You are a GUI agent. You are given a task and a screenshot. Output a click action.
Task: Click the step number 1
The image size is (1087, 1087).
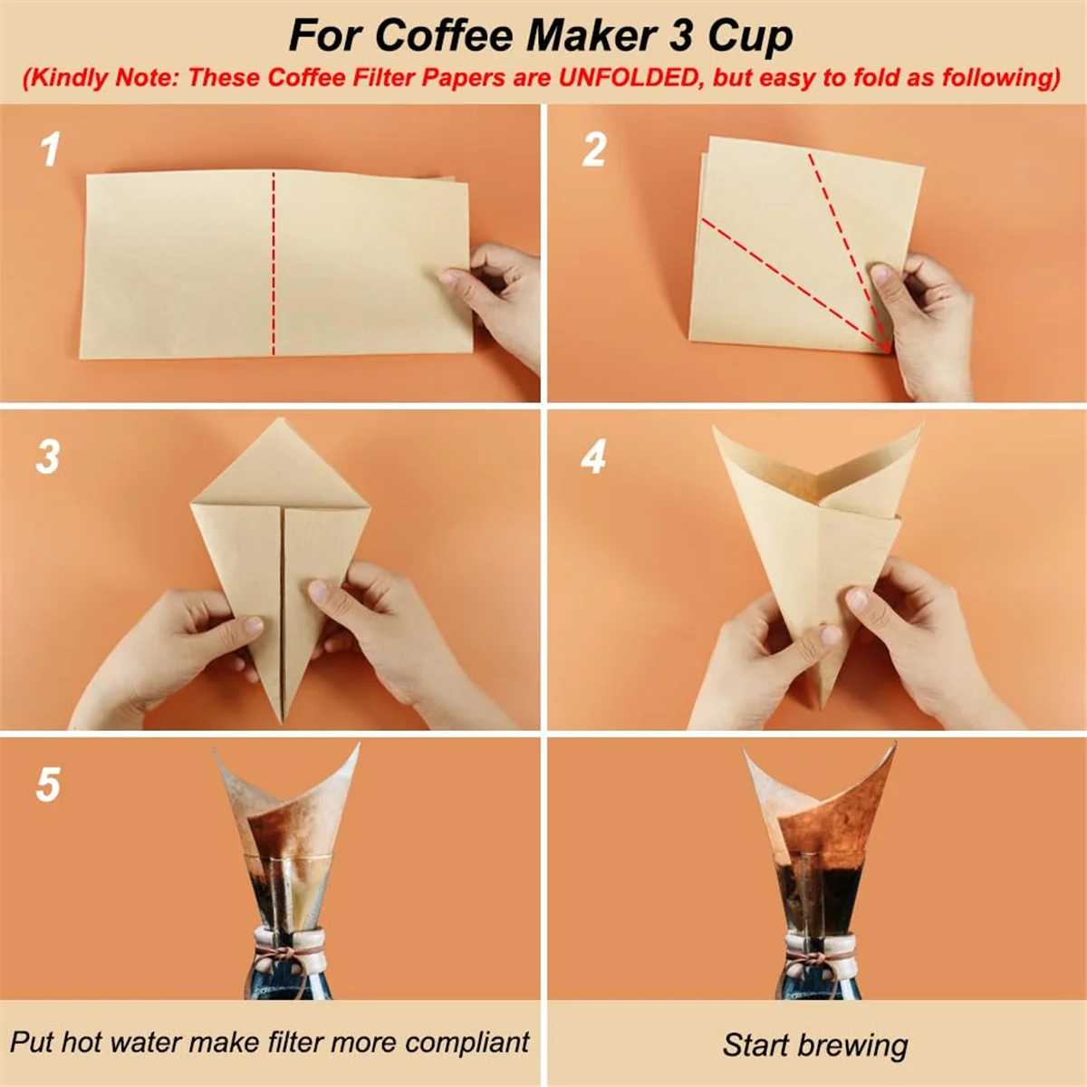tap(51, 149)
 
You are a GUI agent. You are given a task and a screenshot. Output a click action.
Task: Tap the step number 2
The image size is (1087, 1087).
tap(593, 149)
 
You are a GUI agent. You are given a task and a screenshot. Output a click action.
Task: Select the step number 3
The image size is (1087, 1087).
tap(48, 457)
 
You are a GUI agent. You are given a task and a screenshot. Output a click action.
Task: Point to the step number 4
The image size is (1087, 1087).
tap(593, 457)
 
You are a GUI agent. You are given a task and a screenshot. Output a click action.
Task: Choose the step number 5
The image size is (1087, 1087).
tap(48, 784)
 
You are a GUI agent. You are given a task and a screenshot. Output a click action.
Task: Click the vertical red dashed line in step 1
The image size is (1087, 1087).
tap(273, 263)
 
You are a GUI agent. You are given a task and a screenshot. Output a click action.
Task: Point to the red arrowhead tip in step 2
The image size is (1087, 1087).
tap(888, 349)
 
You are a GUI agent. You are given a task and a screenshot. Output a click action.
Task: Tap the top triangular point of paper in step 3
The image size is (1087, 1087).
tap(282, 421)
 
